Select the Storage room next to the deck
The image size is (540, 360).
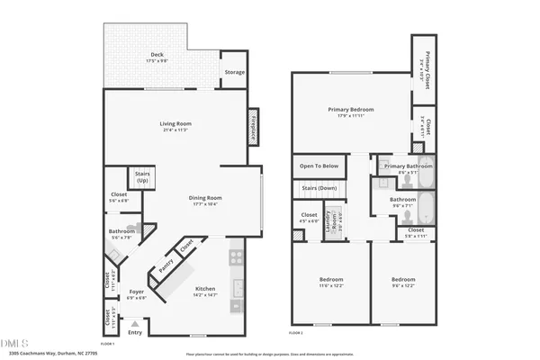click(x=234, y=72)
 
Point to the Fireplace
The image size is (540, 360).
click(x=254, y=128)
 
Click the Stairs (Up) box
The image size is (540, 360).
click(x=142, y=177)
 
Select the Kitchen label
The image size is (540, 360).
click(x=205, y=291)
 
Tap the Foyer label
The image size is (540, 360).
click(x=136, y=293)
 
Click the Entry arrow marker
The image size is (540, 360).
click(x=135, y=323)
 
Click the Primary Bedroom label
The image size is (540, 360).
click(x=350, y=112)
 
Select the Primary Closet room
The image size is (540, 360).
click(x=427, y=65)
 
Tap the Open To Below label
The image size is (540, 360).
click(x=319, y=166)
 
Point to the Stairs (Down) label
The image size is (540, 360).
click(x=319, y=188)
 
